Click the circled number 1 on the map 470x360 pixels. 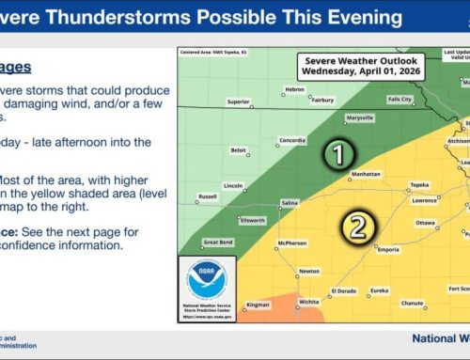tap(337, 154)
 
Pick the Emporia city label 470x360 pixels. tap(385, 249)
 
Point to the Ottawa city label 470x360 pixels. tap(425, 223)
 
